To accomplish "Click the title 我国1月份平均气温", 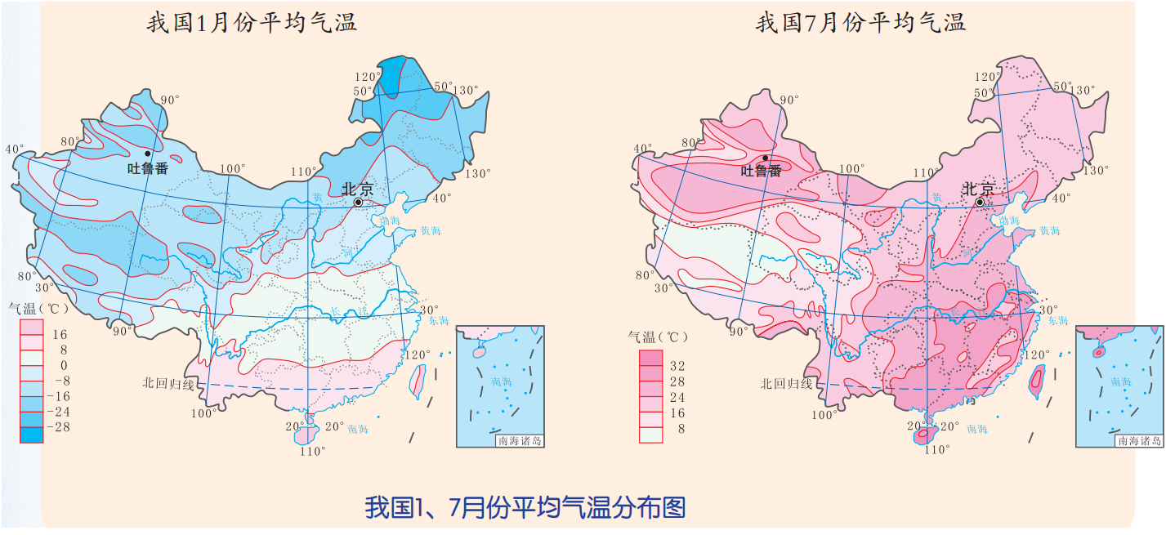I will coord(252,22).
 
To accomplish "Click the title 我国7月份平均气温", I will coord(860,22).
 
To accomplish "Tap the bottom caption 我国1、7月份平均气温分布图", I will coord(525,507).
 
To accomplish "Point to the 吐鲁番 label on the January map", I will coord(148,169).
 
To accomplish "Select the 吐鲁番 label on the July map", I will coord(761,171).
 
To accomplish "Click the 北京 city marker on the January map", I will coord(358,202).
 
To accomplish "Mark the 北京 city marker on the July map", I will coord(979,202).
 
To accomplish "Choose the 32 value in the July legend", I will coord(677,366).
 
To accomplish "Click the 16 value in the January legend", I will coord(60,334).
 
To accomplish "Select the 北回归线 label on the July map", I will coord(786,383).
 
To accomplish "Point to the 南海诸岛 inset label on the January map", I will coord(519,441).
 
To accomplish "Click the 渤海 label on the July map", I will coord(1008,221).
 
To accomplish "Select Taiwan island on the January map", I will coord(418,381).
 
